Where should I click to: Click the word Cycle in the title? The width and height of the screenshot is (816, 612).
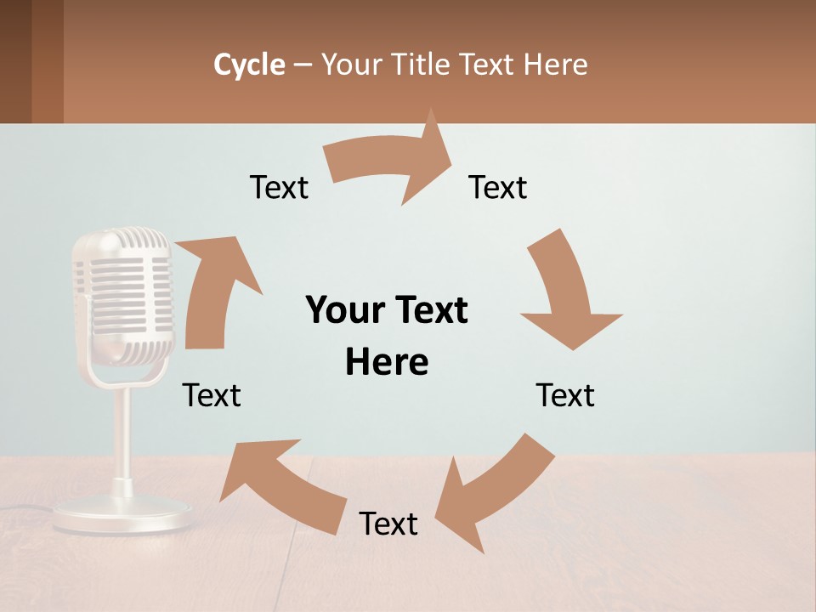point(249,65)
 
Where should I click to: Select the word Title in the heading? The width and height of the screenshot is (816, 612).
point(422,65)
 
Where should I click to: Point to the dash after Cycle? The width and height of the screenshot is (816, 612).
point(303,65)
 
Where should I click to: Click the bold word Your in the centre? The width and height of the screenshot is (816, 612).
point(345,310)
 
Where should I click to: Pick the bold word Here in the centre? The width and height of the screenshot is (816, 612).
point(387,362)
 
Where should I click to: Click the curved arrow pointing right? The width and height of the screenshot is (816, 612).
point(391,161)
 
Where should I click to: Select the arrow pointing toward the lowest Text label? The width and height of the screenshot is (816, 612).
point(493,493)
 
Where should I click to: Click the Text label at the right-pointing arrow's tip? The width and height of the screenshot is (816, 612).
point(498,187)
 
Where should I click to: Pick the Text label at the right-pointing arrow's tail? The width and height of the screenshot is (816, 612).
point(279,187)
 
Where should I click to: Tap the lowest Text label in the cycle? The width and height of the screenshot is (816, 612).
point(388,524)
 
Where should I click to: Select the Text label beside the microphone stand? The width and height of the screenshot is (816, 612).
point(212,395)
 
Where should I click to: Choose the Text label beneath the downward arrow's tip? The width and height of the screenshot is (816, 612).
point(565,395)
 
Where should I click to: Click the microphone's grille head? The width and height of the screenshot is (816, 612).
point(124,293)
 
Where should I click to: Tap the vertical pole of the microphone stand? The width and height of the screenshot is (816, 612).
point(122,433)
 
